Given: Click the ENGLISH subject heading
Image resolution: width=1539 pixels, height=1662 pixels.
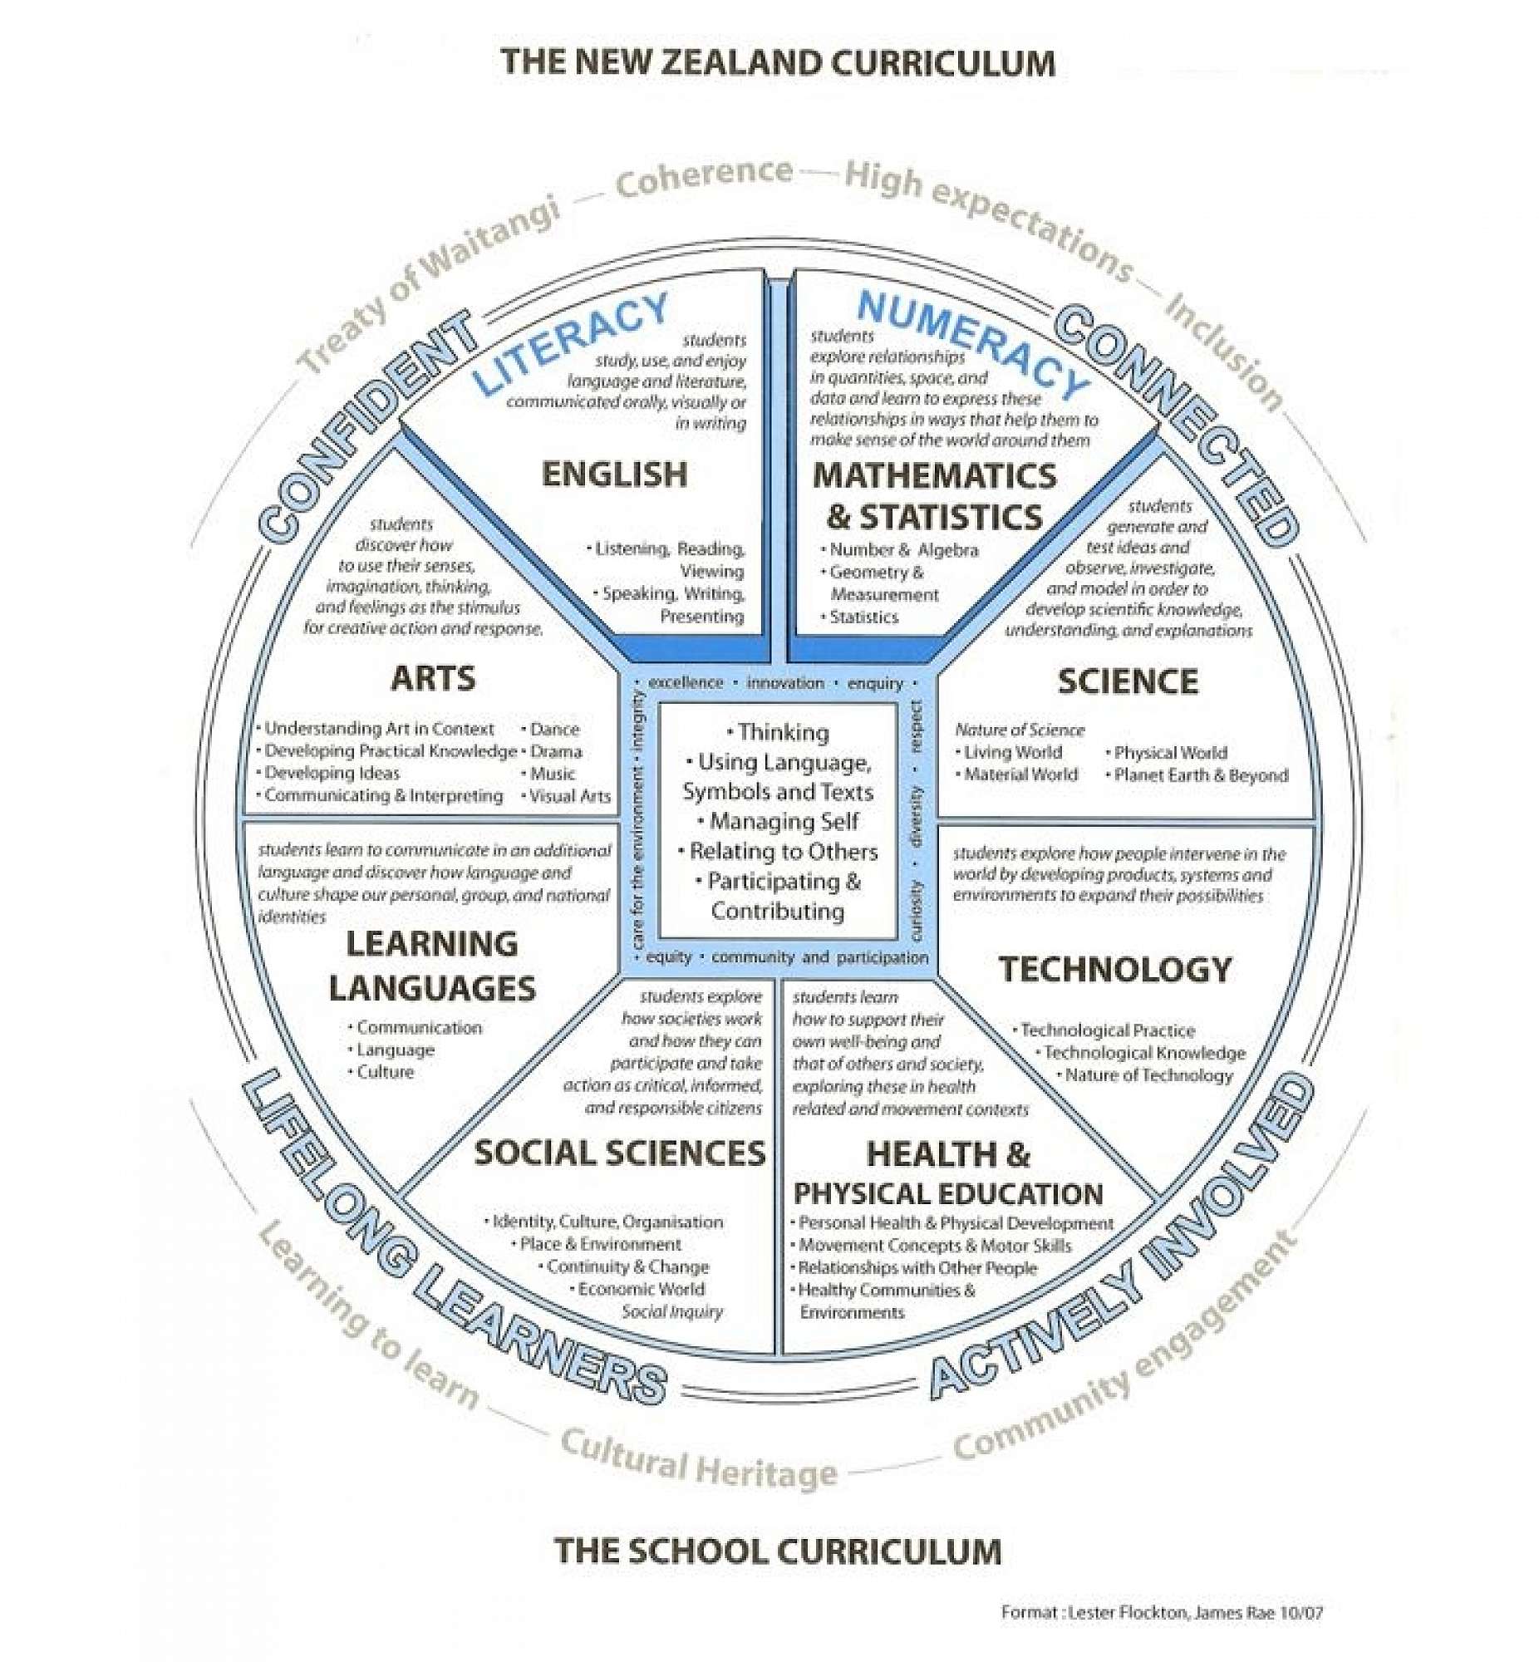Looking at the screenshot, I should click(615, 474).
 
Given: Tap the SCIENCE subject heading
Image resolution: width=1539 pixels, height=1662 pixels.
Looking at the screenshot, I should click(1128, 681).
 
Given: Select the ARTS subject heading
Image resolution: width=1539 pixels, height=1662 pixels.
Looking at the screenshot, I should click(433, 678).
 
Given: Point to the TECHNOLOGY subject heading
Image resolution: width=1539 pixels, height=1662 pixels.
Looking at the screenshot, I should click(1115, 969).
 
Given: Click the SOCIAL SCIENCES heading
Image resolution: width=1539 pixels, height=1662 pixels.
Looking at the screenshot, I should click(620, 1153).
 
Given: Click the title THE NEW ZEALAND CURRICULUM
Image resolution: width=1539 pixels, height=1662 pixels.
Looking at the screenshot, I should click(777, 63).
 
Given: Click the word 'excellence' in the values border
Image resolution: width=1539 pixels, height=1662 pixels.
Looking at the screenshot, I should click(686, 683).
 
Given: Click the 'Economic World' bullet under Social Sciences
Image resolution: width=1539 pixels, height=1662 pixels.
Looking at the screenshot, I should click(641, 1289).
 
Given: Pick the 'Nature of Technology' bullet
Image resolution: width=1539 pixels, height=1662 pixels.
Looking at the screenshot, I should click(1148, 1075).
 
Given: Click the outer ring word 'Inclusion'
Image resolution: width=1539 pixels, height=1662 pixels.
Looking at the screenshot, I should click(1223, 352).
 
